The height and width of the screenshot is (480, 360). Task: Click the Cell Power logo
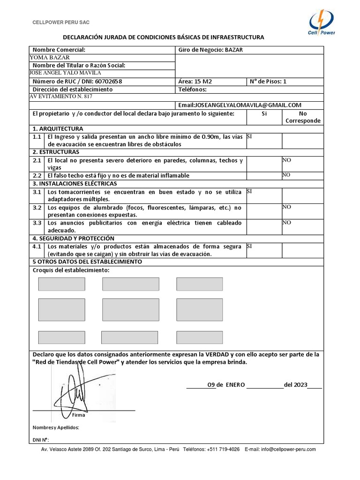tap(322, 23)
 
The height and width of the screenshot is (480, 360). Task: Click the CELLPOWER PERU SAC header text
tap(60, 22)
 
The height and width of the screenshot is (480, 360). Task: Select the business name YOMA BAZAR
tap(50, 58)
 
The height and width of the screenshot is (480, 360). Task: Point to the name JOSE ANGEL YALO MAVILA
tap(65, 73)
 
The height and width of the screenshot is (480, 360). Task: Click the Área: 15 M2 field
tap(195, 81)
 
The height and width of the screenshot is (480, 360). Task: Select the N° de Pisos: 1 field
tap(268, 81)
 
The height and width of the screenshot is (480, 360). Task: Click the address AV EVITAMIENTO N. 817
tap(61, 97)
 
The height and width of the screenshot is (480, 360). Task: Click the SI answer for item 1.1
tap(249, 136)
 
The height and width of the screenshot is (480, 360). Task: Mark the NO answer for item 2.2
tap(286, 175)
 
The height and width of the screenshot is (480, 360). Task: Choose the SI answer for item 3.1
tap(249, 191)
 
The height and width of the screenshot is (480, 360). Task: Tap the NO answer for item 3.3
tap(286, 223)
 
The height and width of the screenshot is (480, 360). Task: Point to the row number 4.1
tap(37, 246)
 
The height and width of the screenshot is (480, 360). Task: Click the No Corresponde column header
tap(303, 117)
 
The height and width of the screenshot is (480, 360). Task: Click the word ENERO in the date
tap(235, 384)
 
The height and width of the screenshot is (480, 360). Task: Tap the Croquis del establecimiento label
tap(71, 270)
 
